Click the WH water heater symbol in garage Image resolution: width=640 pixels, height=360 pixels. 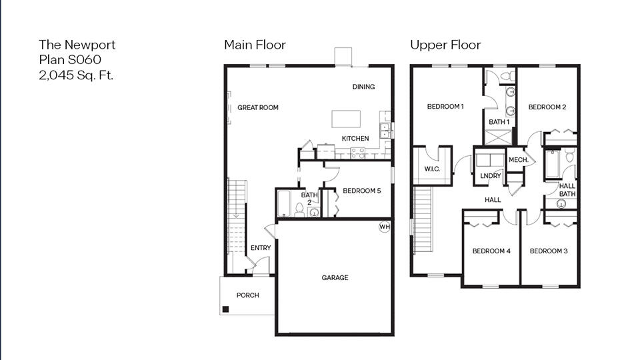tap(384, 227)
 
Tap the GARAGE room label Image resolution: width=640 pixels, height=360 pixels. tap(335, 278)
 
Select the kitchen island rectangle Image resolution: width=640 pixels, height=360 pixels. tap(347, 119)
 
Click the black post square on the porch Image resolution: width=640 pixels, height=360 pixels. tap(226, 309)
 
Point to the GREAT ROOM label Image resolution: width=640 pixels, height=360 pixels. tap(258, 107)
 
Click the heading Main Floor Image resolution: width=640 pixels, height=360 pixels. tap(255, 45)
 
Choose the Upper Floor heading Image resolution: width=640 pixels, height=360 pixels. tap(445, 45)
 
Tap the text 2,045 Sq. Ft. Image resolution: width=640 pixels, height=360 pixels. tap(76, 75)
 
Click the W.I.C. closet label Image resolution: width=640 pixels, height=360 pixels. tap(432, 169)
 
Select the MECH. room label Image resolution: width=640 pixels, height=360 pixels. tap(518, 160)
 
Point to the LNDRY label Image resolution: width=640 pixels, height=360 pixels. tap(490, 176)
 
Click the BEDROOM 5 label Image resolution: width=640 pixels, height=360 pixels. tap(361, 191)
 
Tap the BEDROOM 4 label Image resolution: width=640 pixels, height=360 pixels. tap(491, 251)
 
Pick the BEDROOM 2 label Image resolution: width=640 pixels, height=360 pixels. tap(547, 107)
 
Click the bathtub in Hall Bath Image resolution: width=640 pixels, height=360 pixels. tap(553, 165)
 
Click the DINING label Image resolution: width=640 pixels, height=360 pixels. tap(363, 87)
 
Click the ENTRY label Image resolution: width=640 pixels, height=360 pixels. tap(261, 248)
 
